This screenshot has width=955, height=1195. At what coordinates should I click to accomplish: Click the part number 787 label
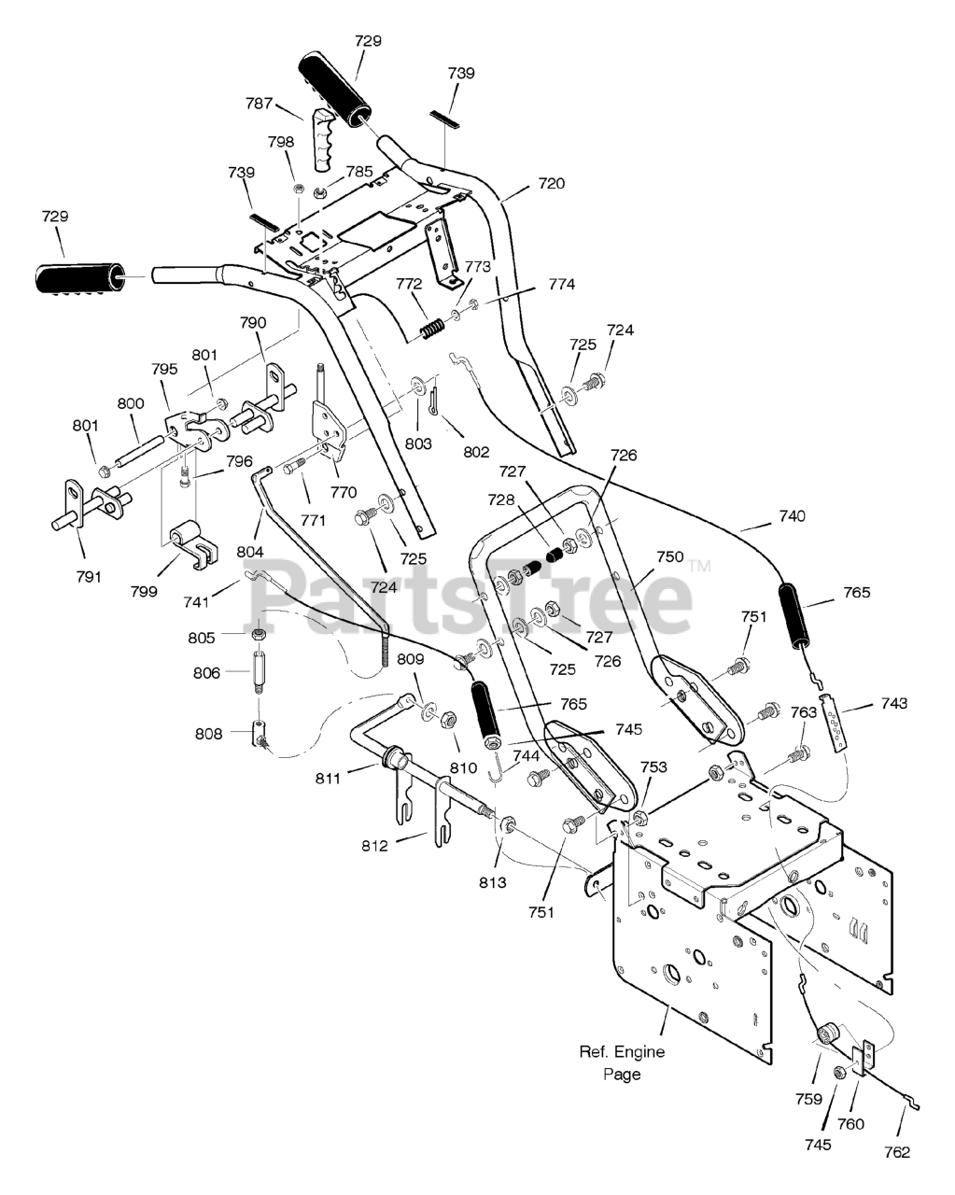pyautogui.click(x=260, y=104)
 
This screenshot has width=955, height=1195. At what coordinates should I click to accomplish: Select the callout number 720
pyautogui.click(x=552, y=183)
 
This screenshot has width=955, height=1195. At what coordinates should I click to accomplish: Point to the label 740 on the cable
pyautogui.click(x=792, y=516)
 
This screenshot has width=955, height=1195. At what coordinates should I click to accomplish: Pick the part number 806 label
pyautogui.click(x=206, y=673)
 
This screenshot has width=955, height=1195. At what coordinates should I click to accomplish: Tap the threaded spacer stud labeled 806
pyautogui.click(x=260, y=671)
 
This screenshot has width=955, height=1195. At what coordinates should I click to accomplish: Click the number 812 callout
pyautogui.click(x=374, y=846)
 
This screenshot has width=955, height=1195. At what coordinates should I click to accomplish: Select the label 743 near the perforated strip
pyautogui.click(x=894, y=704)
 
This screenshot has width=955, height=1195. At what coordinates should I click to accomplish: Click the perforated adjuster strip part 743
pyautogui.click(x=834, y=722)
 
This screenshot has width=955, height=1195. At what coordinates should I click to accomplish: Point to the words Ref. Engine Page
pyautogui.click(x=622, y=1063)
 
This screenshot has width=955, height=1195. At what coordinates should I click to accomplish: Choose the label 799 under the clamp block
pyautogui.click(x=144, y=591)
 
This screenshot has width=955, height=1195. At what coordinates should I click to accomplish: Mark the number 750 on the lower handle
pyautogui.click(x=670, y=557)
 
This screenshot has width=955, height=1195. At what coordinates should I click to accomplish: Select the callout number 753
pyautogui.click(x=653, y=766)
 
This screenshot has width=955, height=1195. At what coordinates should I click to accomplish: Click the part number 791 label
pyautogui.click(x=89, y=577)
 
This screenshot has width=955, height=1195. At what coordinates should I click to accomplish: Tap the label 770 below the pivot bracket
pyautogui.click(x=344, y=493)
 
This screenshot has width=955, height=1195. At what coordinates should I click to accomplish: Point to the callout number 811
pyautogui.click(x=328, y=779)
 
